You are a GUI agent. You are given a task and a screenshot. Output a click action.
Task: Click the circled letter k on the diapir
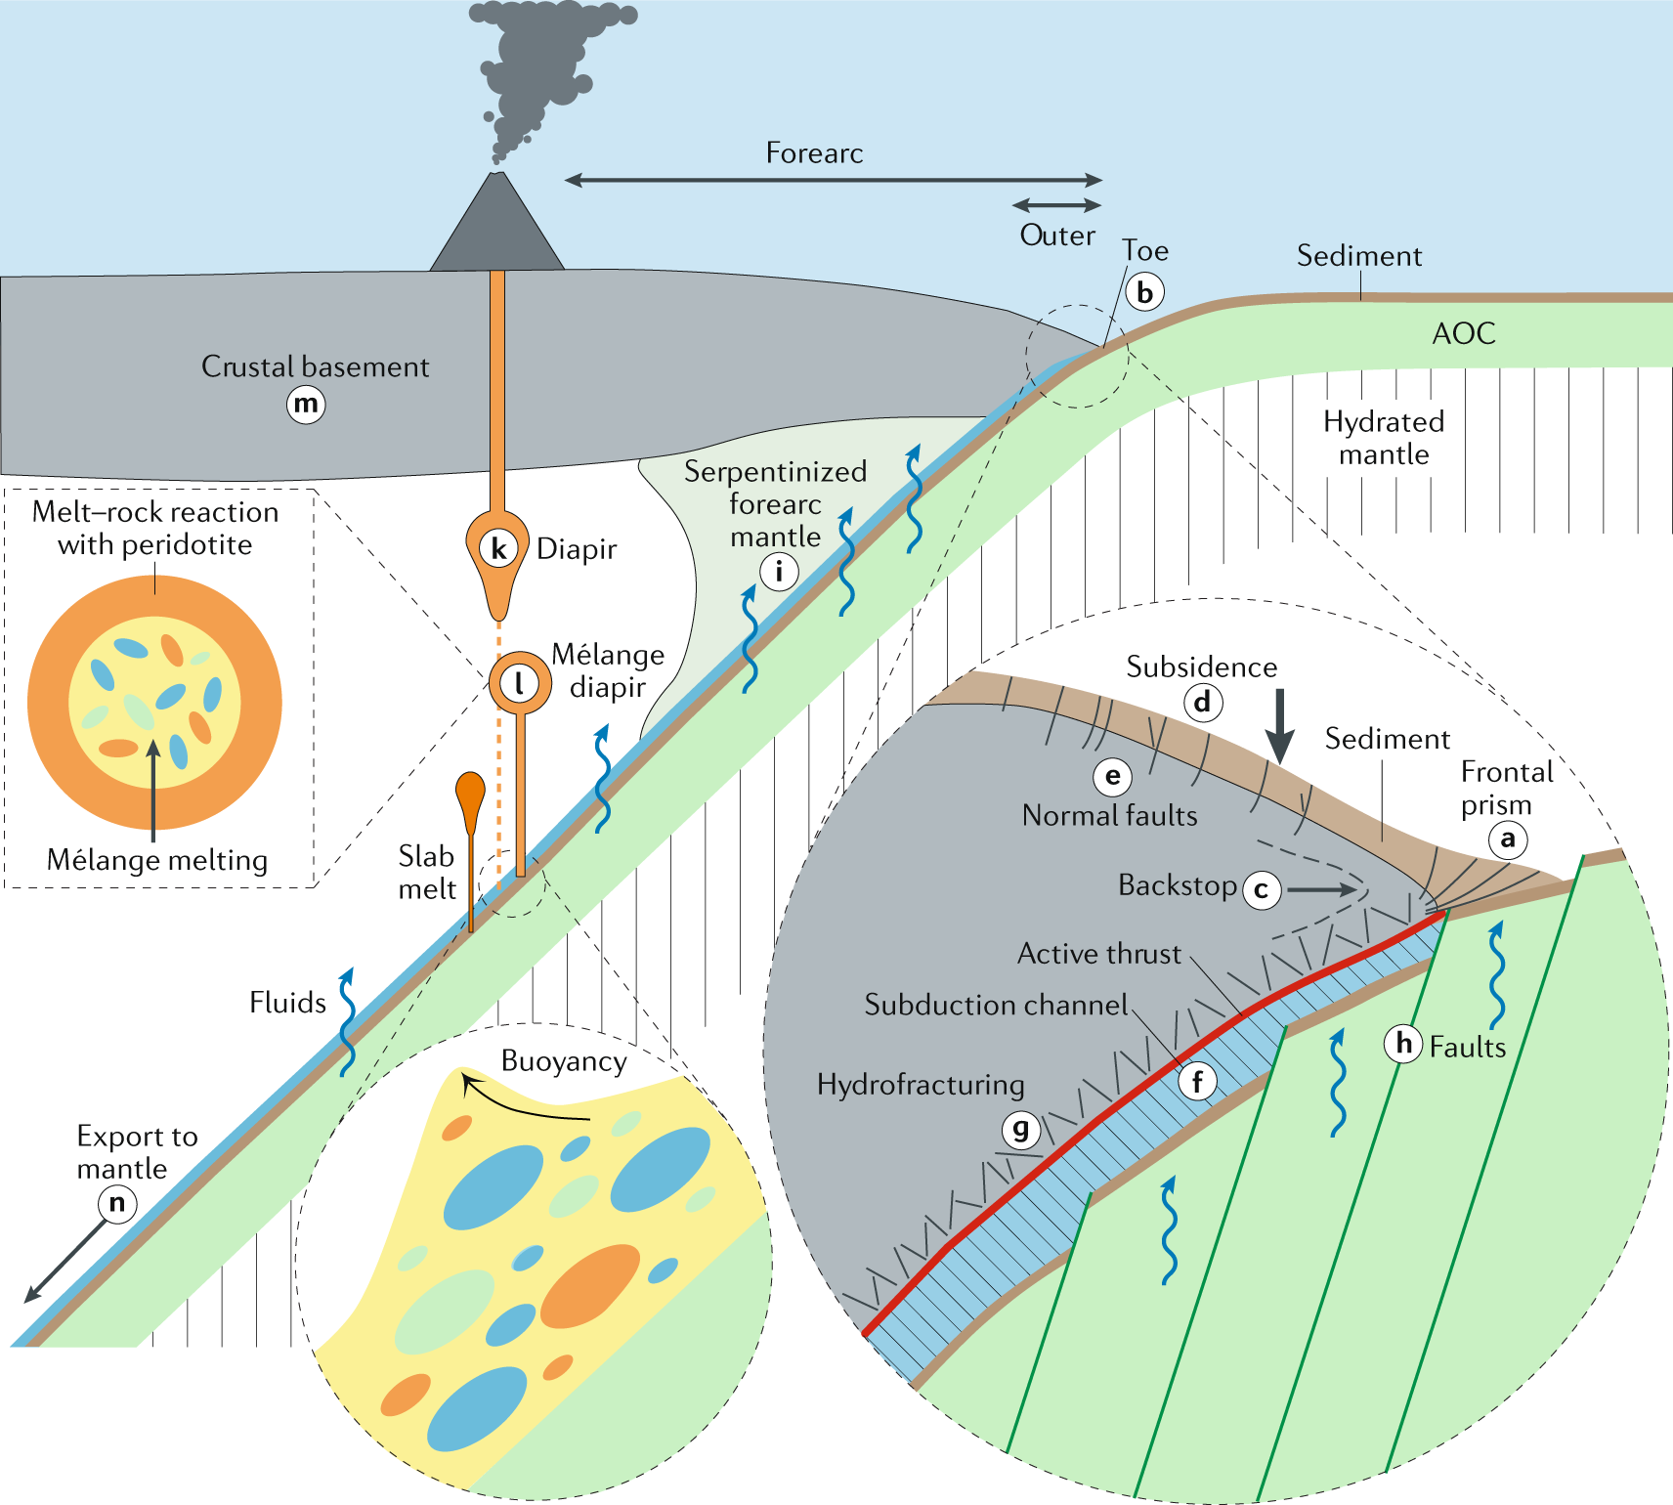[499, 548]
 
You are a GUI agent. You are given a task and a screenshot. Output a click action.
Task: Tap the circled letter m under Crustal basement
[306, 404]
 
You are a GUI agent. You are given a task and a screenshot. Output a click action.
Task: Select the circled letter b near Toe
[1144, 291]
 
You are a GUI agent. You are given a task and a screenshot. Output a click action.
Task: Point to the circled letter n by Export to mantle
[117, 1203]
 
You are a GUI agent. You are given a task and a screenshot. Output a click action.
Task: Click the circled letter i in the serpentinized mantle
[779, 571]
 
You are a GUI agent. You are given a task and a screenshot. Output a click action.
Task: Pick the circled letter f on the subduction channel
[1197, 1081]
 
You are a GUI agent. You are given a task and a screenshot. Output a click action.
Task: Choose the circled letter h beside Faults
[1403, 1044]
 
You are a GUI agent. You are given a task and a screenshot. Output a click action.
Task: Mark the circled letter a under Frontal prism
[1508, 838]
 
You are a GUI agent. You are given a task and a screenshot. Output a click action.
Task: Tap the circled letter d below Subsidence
[1202, 702]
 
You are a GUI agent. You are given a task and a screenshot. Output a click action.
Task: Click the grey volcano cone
[497, 231]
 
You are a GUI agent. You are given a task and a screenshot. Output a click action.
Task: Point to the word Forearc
[814, 153]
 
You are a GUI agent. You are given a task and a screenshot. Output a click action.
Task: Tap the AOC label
[1464, 333]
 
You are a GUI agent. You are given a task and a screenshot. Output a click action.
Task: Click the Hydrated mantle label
[1384, 438]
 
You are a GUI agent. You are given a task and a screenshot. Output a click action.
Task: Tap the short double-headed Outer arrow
[1056, 205]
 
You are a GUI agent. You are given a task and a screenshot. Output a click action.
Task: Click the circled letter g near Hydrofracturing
[1020, 1130]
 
